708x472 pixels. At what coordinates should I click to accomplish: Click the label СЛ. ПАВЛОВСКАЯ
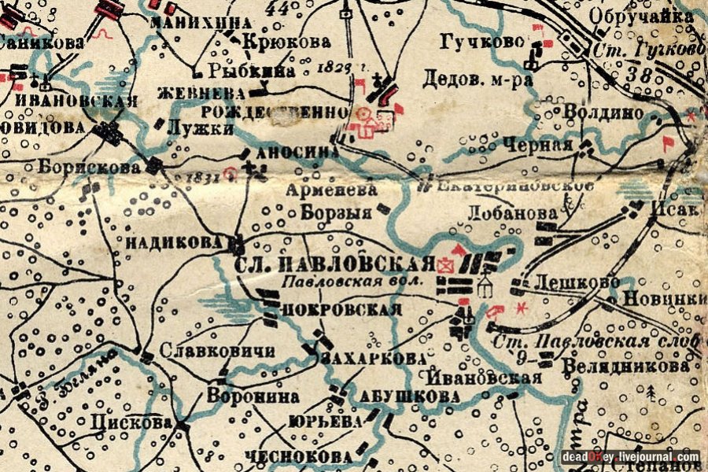point(334,264)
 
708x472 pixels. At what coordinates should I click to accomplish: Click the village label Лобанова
point(501,212)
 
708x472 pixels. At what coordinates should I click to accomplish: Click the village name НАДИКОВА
point(174,244)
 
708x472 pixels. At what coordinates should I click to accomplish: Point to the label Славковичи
point(216,352)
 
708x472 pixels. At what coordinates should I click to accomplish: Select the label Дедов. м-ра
point(467,79)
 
